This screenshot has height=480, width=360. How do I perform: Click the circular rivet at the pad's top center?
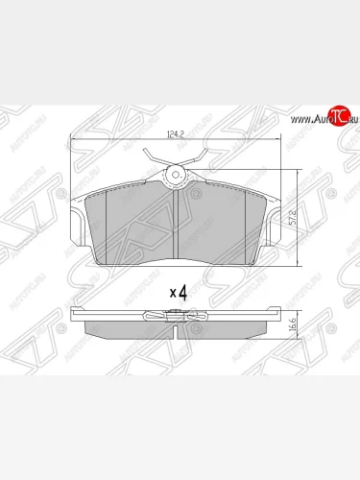tap(177, 176)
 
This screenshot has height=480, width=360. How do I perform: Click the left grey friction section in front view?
tap(130, 226)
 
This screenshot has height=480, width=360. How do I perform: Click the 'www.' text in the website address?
tap(292, 118)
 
